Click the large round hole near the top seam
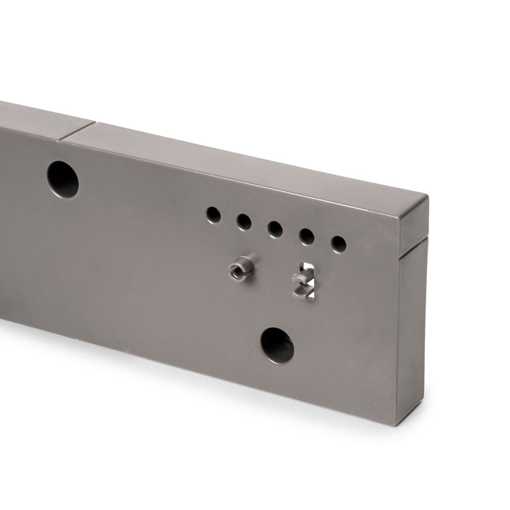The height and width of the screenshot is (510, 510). [63, 178]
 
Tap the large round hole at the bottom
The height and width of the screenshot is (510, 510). [278, 345]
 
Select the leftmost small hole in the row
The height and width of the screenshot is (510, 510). [213, 214]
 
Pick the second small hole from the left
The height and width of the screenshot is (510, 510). [244, 221]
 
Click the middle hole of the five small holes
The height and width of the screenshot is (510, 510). [275, 229]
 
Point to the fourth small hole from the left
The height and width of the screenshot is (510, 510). [307, 236]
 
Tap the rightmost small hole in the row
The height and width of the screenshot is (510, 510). [339, 243]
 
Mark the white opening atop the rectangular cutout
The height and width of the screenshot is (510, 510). [307, 267]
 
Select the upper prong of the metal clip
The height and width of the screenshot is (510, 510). [303, 278]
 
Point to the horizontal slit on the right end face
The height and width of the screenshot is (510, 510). [415, 245]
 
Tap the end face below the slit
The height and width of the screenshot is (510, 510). [412, 328]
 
